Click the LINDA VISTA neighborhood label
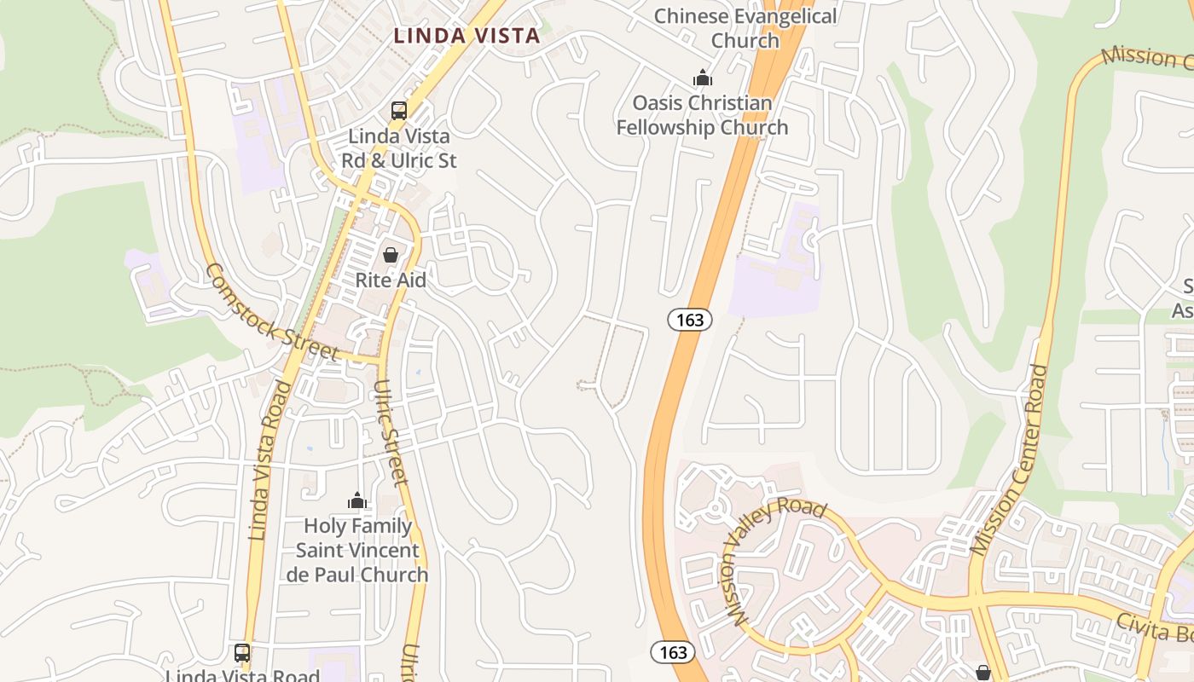467,36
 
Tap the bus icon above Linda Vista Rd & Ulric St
399,110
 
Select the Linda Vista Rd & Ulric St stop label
399,148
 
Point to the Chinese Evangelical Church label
745,28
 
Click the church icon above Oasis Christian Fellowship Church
703,78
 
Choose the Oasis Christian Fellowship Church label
702,115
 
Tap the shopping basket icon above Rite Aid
391,255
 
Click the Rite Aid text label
391,280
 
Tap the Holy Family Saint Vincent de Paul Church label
357,550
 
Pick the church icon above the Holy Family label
357,500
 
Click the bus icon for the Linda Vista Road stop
242,653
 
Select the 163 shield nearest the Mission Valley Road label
673,652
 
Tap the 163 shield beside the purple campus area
689,320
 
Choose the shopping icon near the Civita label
982,673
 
